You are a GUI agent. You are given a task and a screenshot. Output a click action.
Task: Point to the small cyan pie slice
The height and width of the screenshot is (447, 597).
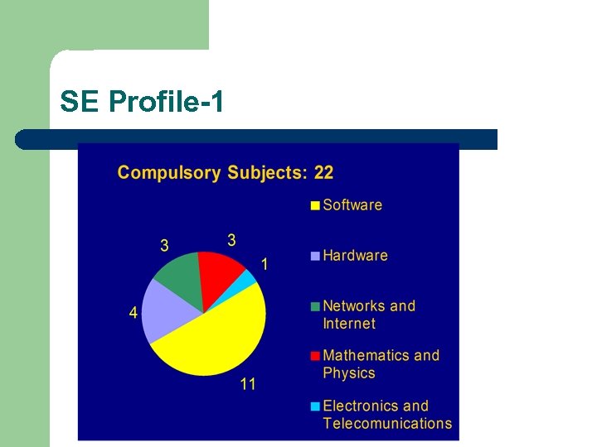tap(248, 280)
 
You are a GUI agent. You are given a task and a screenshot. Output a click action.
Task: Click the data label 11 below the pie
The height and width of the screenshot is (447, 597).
tap(248, 384)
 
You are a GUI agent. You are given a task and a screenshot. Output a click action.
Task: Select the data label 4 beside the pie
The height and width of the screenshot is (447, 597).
tap(133, 313)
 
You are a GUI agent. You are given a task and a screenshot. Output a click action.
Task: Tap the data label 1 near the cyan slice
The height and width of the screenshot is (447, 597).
tap(265, 265)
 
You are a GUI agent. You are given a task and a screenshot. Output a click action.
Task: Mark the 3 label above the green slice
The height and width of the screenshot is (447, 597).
tap(164, 245)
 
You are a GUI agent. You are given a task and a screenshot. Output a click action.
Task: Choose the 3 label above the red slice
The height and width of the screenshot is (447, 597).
tap(231, 240)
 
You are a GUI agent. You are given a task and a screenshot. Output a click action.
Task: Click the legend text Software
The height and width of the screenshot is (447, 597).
tap(352, 205)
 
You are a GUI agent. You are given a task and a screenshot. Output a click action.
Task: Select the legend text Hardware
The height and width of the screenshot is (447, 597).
tap(355, 256)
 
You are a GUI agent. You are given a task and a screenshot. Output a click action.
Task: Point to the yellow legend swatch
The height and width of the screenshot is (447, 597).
tap(315, 206)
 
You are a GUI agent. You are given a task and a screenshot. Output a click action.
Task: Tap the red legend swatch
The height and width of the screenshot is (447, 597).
tap(315, 356)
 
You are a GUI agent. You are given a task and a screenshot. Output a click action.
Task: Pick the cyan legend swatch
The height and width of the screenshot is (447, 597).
tap(315, 406)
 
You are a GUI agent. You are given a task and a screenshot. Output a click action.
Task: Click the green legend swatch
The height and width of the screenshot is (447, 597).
tap(315, 306)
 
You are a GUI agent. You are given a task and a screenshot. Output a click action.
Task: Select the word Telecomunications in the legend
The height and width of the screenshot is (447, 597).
tap(387, 424)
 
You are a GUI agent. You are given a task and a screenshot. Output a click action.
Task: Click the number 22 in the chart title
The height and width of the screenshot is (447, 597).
tap(323, 173)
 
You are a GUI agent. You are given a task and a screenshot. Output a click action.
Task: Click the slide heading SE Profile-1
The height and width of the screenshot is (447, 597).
tap(142, 102)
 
